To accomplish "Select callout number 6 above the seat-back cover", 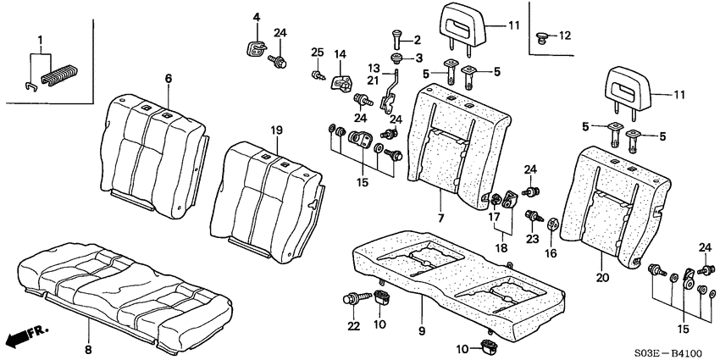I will pyautogui.click(x=168, y=78).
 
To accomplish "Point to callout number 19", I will pyautogui.click(x=276, y=130).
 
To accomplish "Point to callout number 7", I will pyautogui.click(x=441, y=218).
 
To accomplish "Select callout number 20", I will pyautogui.click(x=601, y=276).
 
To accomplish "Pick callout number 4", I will pyautogui.click(x=257, y=16).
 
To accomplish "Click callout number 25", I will pyautogui.click(x=317, y=53).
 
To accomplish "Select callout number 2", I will pyautogui.click(x=416, y=39).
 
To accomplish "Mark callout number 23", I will pyautogui.click(x=533, y=239).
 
